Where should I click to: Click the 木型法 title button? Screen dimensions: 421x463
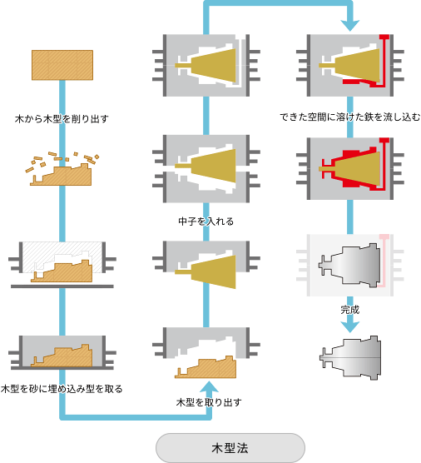pyautogui.click(x=230, y=448)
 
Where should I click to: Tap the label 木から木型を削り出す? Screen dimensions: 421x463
pyautogui.click(x=62, y=119)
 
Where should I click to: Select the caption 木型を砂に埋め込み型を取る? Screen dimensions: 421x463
pyautogui.click(x=62, y=389)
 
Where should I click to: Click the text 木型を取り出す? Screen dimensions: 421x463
pyautogui.click(x=209, y=402)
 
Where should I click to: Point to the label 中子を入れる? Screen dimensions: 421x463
pyautogui.click(x=206, y=222)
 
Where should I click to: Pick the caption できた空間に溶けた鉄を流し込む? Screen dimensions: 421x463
pyautogui.click(x=349, y=117)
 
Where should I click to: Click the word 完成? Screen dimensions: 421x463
pyautogui.click(x=350, y=310)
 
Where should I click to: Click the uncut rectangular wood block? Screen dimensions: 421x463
pyautogui.click(x=62, y=65)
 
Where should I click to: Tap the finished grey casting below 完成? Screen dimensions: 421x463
pyautogui.click(x=350, y=357)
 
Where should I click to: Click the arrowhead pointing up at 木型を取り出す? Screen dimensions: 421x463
pyautogui.click(x=209, y=387)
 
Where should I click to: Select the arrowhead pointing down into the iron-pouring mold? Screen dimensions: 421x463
pyautogui.click(x=350, y=25)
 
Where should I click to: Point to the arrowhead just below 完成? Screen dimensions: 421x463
pyautogui.click(x=350, y=327)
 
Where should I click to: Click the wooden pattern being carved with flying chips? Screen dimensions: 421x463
pyautogui.click(x=61, y=175)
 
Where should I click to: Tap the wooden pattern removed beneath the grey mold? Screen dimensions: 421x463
pyautogui.click(x=206, y=367)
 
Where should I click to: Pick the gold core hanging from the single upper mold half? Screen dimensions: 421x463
pyautogui.click(x=206, y=271)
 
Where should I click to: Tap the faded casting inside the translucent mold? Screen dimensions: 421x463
pyautogui.click(x=350, y=266)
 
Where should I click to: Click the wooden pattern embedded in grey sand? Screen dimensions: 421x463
pyautogui.click(x=62, y=356)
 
